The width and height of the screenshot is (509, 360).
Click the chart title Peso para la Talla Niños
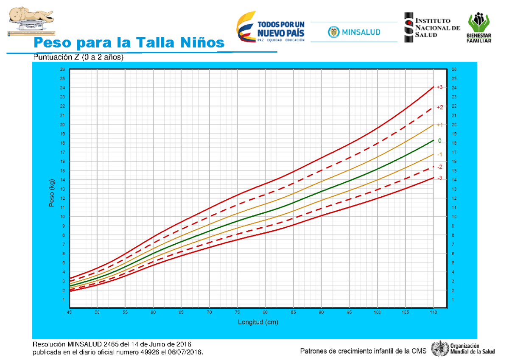129,43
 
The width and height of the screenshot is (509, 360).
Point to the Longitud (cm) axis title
258,322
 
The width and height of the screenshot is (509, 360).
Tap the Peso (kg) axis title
52,193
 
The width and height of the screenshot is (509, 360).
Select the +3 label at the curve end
439,87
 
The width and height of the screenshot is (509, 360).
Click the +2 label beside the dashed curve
439,107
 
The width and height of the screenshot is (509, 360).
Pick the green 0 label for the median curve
439,140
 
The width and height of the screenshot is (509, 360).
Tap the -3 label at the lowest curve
439,178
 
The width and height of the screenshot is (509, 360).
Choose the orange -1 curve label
439,154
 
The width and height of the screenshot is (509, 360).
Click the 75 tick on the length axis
237,313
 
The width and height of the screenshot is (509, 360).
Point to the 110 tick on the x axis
433,313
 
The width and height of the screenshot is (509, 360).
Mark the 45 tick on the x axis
69,313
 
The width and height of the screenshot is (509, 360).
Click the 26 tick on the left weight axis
63,70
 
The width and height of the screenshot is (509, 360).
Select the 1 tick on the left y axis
64,300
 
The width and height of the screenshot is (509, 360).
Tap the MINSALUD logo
354,32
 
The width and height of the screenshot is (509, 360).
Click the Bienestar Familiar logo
480,28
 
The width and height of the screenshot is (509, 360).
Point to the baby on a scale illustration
30,20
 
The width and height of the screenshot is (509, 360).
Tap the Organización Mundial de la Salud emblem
440,349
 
